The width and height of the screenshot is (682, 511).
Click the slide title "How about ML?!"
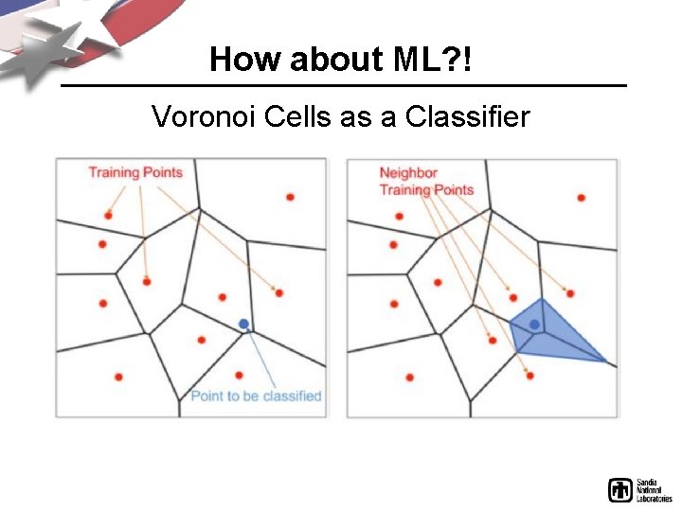coord(341,60)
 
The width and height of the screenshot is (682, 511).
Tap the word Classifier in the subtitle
coord(467,116)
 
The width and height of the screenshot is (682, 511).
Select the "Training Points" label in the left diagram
coord(135,172)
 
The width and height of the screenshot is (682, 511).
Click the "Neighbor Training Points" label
coord(425,181)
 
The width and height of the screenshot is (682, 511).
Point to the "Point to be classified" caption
coord(256,396)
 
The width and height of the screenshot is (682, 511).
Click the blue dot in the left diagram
coord(243,324)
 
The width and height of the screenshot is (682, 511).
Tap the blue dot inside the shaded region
coord(534,325)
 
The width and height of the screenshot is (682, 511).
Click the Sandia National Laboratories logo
coord(639,489)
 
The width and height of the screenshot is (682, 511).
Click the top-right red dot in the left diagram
coord(290,197)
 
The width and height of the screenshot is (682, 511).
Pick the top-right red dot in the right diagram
coord(581,198)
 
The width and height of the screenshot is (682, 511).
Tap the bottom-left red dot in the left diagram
coord(118,377)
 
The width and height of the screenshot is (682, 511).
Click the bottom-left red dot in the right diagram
coord(409,377)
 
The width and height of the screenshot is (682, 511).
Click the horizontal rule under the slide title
coord(343,86)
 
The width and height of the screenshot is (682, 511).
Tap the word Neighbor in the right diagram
coord(408,173)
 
